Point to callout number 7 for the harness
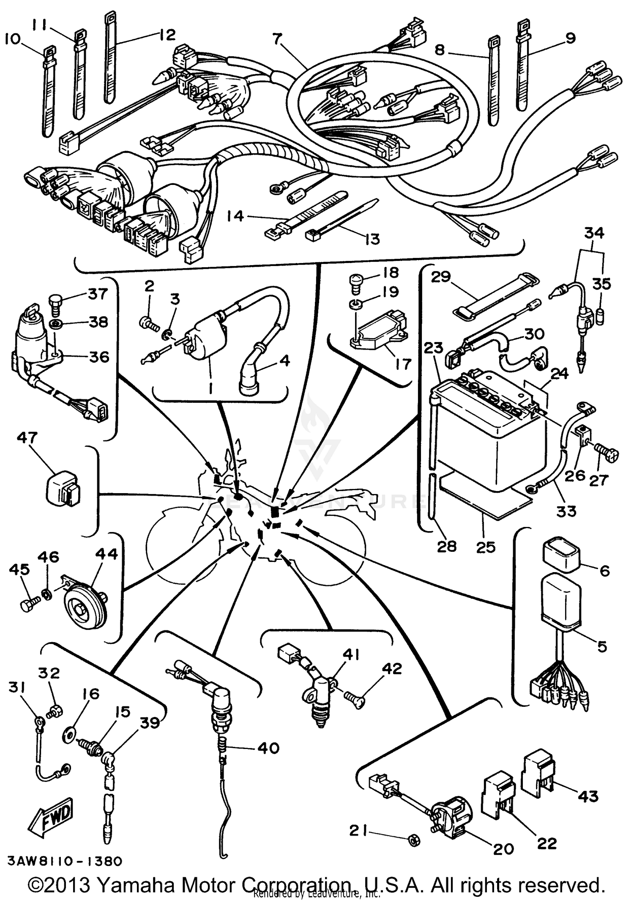pos(277,39)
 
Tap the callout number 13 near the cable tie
pos(372,239)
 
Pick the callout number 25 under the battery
pos(486,547)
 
